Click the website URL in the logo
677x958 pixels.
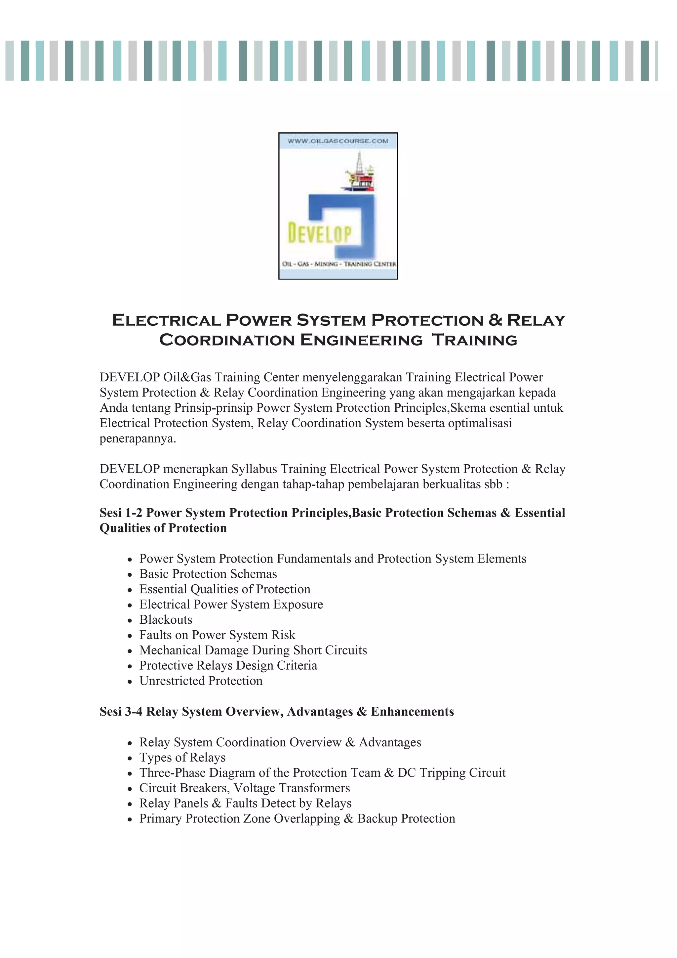pyautogui.click(x=338, y=141)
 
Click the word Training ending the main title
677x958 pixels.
pyautogui.click(x=474, y=340)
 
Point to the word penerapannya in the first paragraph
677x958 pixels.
pyautogui.click(x=138, y=438)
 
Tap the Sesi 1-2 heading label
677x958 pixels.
pyautogui.click(x=121, y=513)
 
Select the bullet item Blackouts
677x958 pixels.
pyautogui.click(x=166, y=620)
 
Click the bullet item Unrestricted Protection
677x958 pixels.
pyautogui.click(x=201, y=681)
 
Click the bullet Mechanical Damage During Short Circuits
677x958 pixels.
pyautogui.click(x=253, y=650)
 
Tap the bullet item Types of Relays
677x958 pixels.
pyautogui.click(x=182, y=757)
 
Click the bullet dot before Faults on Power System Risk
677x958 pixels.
pyautogui.click(x=130, y=636)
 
